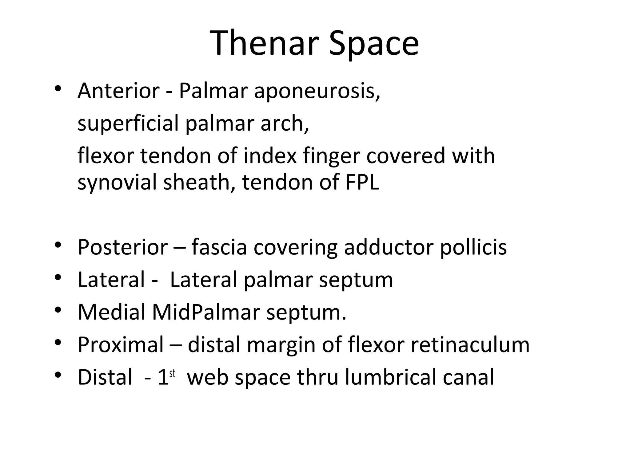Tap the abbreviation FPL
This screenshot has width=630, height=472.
(x=362, y=182)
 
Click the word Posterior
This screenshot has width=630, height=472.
(x=123, y=247)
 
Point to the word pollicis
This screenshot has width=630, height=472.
(x=473, y=248)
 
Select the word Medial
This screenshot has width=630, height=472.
(x=112, y=312)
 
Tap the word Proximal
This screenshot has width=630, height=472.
(x=121, y=345)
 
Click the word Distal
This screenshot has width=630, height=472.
(x=105, y=377)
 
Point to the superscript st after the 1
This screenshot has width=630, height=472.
(x=172, y=374)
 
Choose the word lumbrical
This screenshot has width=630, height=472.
(x=390, y=377)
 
